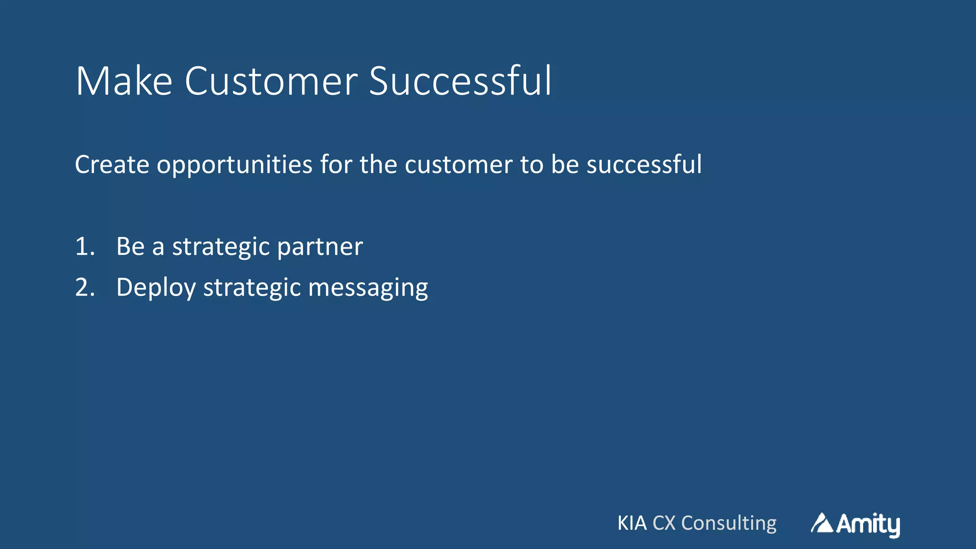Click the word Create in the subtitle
coord(112,164)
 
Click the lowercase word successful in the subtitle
coord(644,164)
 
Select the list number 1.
coord(84,247)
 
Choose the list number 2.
coord(84,288)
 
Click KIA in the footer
coord(632,523)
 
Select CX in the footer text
coord(664,523)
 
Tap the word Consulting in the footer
coord(729,523)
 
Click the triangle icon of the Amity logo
coord(822,523)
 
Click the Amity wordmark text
coord(868,524)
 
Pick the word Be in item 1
coord(130,247)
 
